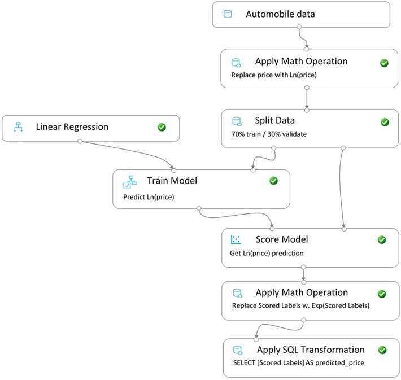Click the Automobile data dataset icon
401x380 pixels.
click(228, 14)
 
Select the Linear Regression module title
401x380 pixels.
click(72, 127)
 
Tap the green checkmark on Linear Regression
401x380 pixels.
click(162, 127)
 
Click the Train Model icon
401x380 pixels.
click(130, 182)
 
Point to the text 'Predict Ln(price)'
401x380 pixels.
click(149, 197)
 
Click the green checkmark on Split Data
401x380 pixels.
click(385, 122)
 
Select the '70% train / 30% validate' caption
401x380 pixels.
click(269, 134)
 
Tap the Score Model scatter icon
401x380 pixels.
click(236, 239)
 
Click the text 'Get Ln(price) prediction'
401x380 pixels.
click(267, 253)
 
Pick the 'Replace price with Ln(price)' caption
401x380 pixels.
click(274, 75)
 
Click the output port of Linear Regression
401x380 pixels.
click(80, 141)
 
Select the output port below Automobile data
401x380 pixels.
click(299, 27)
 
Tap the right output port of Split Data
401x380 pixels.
click(343, 148)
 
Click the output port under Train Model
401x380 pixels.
click(199, 208)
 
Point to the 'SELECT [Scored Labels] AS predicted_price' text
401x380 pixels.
click(299, 363)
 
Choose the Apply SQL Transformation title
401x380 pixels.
click(311, 350)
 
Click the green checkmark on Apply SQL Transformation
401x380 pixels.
click(382, 350)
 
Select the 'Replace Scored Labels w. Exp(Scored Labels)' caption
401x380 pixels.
click(300, 305)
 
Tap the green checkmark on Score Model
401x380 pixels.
click(382, 240)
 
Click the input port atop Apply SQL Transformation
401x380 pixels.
click(256, 339)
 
